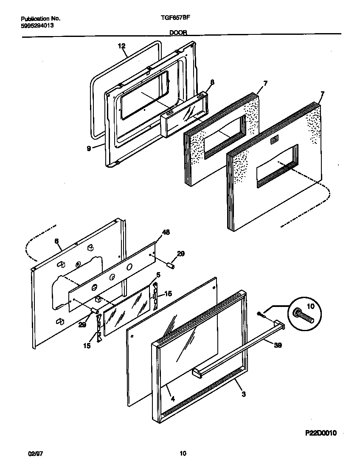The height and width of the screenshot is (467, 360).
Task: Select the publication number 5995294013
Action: click(x=37, y=25)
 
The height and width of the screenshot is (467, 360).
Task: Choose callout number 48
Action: click(x=166, y=233)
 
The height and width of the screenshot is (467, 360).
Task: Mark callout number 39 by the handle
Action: click(x=278, y=345)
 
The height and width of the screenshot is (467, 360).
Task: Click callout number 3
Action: click(x=243, y=394)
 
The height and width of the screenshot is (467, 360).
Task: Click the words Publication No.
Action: click(x=40, y=19)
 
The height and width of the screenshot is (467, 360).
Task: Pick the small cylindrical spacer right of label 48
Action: click(x=171, y=266)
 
